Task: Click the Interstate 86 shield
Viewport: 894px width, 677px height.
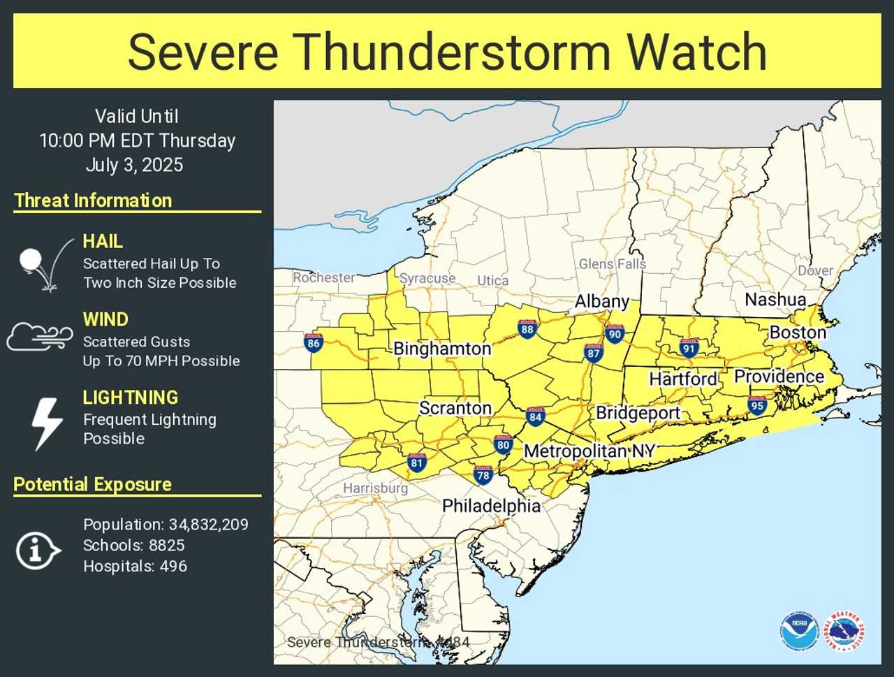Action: (x=314, y=342)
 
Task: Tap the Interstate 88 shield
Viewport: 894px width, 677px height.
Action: (x=527, y=329)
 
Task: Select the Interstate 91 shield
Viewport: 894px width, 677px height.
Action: (x=689, y=348)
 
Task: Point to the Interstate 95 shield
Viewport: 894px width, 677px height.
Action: (x=757, y=405)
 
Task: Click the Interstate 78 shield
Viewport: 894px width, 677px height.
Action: (x=483, y=475)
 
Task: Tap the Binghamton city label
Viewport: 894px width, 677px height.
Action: (x=442, y=349)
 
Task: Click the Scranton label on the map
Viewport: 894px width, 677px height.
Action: (x=455, y=408)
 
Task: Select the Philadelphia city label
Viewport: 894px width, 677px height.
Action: (x=491, y=506)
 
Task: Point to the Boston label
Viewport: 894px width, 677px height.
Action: (x=798, y=333)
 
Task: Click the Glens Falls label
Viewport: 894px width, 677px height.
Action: (x=612, y=264)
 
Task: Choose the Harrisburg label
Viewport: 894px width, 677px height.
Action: (x=375, y=488)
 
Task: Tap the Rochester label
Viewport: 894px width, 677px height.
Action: (x=324, y=277)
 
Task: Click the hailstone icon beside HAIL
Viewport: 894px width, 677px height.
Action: (x=31, y=261)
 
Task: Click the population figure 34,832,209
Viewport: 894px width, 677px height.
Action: (x=208, y=525)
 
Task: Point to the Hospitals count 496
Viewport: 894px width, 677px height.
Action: (x=173, y=567)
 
